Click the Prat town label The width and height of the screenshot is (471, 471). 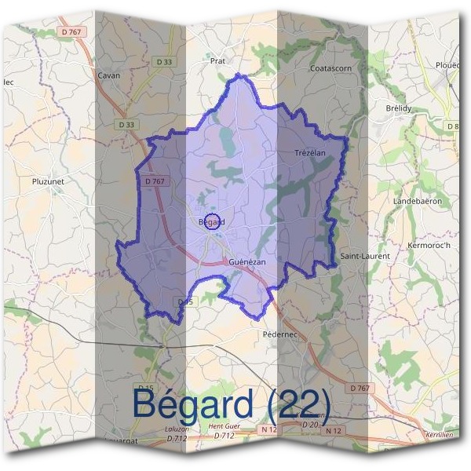(x=217, y=60)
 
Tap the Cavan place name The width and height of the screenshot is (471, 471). (x=108, y=75)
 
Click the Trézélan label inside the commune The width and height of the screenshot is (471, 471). (x=309, y=152)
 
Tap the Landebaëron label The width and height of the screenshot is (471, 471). (x=418, y=201)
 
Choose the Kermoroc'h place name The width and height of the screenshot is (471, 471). (x=429, y=246)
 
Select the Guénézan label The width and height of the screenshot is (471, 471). (x=248, y=261)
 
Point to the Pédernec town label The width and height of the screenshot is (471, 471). (x=276, y=333)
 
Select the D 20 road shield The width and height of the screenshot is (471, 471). (x=311, y=425)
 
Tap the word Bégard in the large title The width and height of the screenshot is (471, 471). (x=194, y=403)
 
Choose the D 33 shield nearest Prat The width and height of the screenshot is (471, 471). (x=164, y=61)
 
